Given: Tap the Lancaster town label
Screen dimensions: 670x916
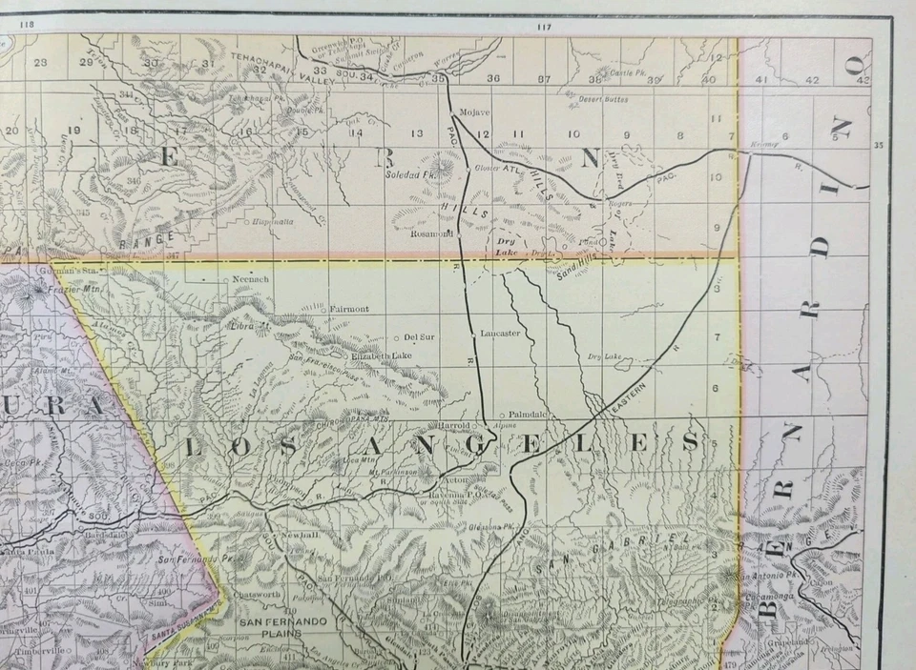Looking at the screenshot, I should (x=501, y=333).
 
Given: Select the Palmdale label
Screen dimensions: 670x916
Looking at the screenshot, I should (x=527, y=415).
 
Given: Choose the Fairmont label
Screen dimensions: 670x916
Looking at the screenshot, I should (x=348, y=309).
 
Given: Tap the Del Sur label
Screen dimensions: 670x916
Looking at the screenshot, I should (x=419, y=336).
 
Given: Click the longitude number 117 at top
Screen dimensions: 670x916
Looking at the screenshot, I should (x=545, y=27).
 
